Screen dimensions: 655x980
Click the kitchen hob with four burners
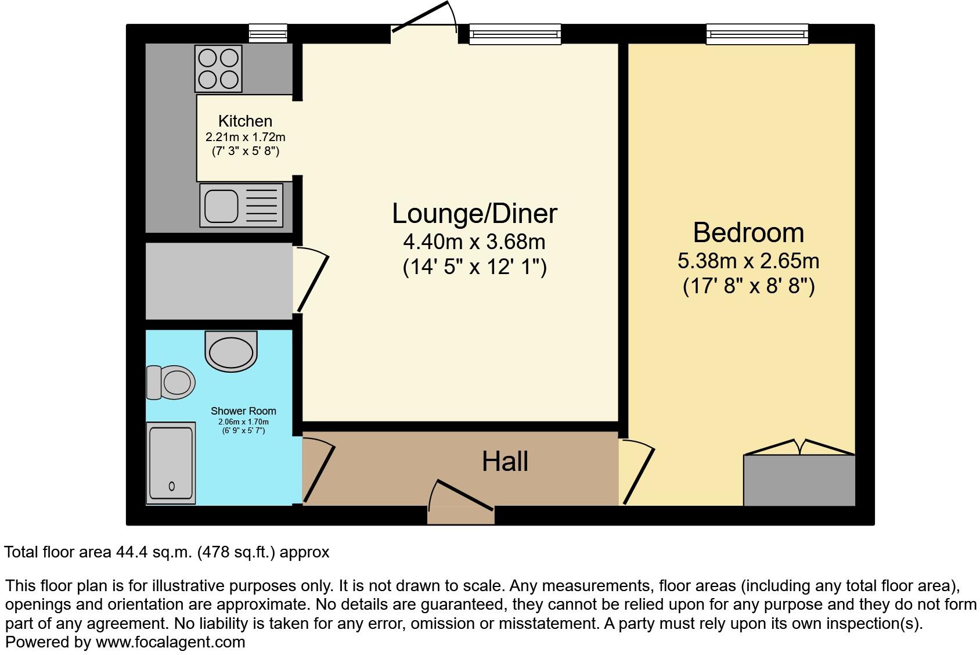[218, 68]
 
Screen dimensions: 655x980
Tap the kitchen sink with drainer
[241, 205]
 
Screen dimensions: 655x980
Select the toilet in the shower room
[170, 382]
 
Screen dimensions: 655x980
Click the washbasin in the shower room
[231, 352]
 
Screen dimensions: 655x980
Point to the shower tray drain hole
[171, 487]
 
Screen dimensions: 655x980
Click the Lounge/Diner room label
[474, 213]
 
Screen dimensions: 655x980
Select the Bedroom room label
[748, 233]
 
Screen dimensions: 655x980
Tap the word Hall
[505, 462]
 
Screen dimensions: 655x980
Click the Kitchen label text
[245, 121]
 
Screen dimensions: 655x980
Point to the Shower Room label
[243, 411]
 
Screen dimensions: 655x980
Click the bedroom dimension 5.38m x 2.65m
[748, 261]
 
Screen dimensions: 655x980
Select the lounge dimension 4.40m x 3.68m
[474, 241]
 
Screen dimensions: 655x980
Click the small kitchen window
[268, 33]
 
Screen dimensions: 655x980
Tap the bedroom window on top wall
[757, 34]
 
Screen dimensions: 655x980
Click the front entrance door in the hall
[462, 498]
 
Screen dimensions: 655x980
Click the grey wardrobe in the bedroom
[799, 480]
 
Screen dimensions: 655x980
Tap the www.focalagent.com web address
[170, 642]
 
